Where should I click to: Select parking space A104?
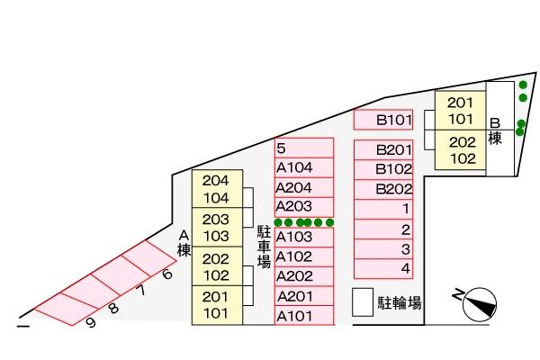(x=303, y=168)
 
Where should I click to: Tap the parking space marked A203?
(x=303, y=207)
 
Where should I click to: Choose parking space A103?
(x=303, y=238)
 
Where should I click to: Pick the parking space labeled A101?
(x=303, y=316)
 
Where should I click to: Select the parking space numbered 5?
(x=303, y=148)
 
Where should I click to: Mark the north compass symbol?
(x=479, y=303)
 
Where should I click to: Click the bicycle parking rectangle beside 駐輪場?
(x=362, y=302)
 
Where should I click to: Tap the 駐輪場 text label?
(x=400, y=303)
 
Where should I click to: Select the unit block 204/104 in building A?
(x=216, y=189)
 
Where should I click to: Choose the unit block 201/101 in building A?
(x=216, y=305)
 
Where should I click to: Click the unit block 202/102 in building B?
(x=461, y=150)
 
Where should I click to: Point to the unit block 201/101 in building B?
(x=460, y=111)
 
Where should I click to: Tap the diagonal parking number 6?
(x=166, y=274)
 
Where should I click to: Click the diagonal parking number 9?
(x=91, y=322)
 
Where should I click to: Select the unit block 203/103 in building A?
(x=216, y=228)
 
